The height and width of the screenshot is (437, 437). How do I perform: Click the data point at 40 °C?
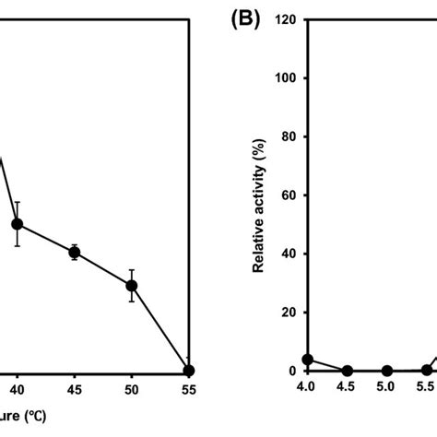point(17,224)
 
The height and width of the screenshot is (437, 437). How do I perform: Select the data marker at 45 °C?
point(75,252)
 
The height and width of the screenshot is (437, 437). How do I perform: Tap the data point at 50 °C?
point(132,286)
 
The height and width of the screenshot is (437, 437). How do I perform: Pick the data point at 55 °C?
point(189,371)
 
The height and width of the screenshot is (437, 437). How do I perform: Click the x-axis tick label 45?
point(75,390)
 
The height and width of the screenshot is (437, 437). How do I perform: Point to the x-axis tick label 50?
point(132,390)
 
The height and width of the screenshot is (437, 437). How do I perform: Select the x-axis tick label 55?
point(189,390)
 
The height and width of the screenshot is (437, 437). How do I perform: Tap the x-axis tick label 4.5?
point(348,390)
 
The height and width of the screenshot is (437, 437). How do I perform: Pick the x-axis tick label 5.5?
point(425,390)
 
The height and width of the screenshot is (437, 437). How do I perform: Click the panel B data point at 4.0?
point(308,360)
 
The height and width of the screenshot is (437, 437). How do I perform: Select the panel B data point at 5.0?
point(387,371)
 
